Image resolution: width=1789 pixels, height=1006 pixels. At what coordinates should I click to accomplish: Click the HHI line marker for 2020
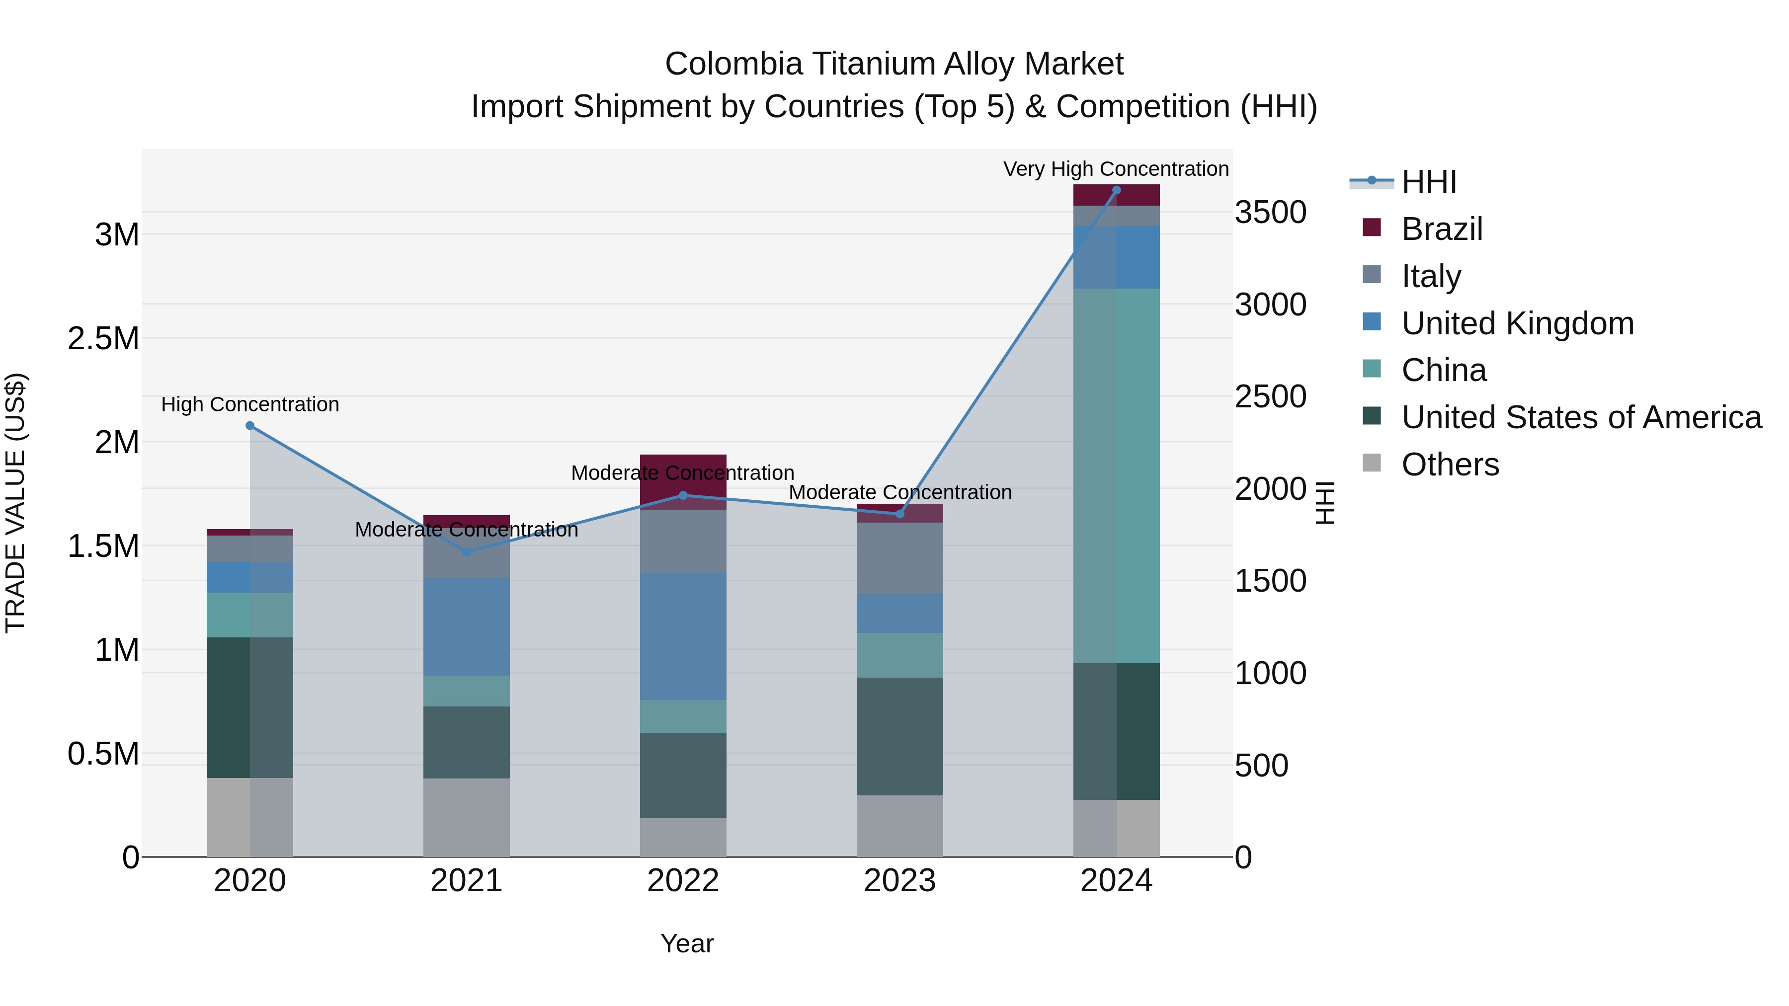pos(250,426)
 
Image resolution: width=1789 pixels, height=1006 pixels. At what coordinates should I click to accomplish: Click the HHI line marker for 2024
pos(1116,190)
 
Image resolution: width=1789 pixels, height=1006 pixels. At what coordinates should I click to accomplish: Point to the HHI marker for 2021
pos(467,552)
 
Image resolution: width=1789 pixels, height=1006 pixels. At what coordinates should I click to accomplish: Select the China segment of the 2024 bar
pos(1116,475)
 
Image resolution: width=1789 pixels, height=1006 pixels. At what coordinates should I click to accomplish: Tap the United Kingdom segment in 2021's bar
pos(467,626)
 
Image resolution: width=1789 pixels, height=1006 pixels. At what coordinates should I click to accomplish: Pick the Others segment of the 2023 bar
pos(899,826)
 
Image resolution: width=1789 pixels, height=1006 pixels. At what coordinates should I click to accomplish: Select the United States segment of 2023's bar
pos(899,736)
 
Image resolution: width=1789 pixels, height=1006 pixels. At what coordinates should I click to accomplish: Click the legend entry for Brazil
pos(1441,229)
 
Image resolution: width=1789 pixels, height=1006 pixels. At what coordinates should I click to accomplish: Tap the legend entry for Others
pos(1450,464)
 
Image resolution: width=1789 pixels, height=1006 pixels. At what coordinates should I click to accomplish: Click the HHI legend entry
pos(1429,182)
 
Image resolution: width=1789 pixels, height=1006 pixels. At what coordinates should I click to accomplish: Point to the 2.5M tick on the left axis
pos(103,339)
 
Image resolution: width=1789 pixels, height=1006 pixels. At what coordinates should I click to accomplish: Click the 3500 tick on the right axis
pos(1270,213)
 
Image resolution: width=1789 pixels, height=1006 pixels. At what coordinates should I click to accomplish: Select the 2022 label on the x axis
pos(683,881)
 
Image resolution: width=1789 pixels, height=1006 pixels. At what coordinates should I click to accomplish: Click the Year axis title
pos(687,943)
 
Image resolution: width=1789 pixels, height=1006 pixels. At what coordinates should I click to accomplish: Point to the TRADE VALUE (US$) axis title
pos(15,503)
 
